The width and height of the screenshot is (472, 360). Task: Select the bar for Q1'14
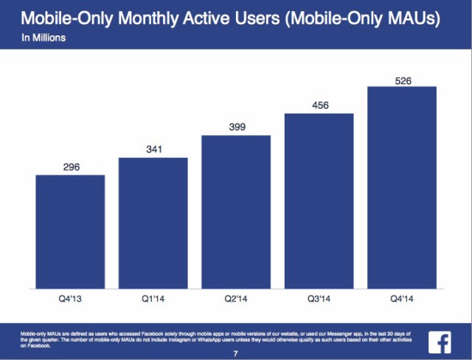coord(153,222)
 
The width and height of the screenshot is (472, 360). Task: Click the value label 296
coord(70,167)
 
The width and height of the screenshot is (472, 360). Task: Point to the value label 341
coord(153,149)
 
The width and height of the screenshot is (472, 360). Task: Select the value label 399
coord(236,127)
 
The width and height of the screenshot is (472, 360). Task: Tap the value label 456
coord(319,105)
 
